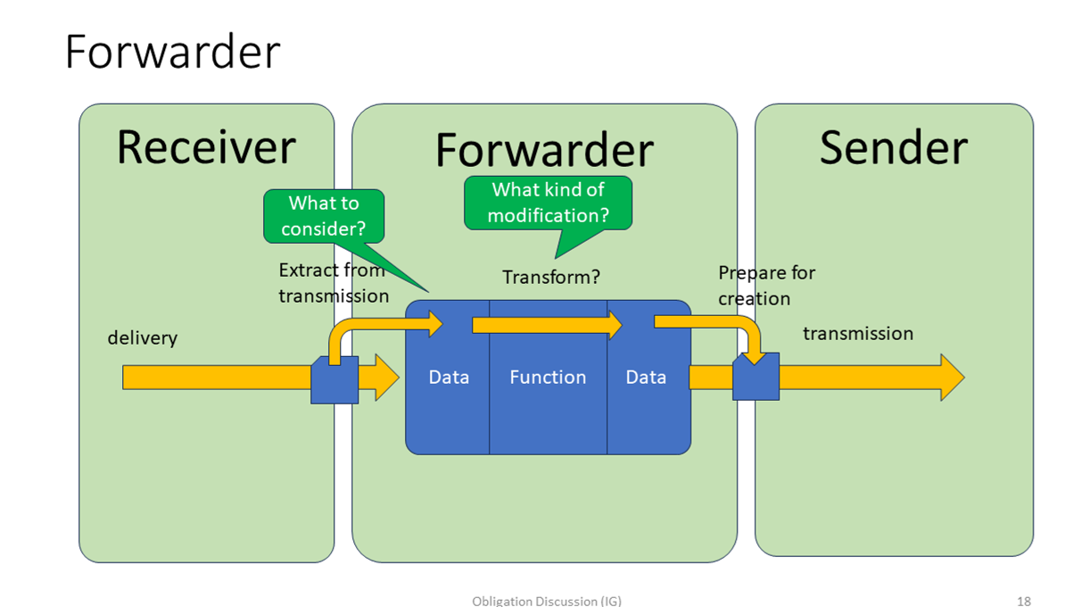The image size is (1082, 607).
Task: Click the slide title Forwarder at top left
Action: pyautogui.click(x=172, y=52)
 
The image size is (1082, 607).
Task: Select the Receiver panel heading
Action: pyautogui.click(x=206, y=147)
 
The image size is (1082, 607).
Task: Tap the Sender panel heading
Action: pyautogui.click(x=893, y=147)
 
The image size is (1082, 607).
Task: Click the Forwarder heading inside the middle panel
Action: pyautogui.click(x=544, y=150)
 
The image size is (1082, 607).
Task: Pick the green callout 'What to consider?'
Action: pyautogui.click(x=324, y=216)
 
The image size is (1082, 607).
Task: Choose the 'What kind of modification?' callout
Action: pyautogui.click(x=548, y=203)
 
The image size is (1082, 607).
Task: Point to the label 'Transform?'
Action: pyautogui.click(x=550, y=277)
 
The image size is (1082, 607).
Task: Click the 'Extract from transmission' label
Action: pyautogui.click(x=333, y=282)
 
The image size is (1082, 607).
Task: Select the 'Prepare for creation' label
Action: pyautogui.click(x=766, y=285)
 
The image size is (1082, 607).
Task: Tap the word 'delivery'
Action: pyautogui.click(x=143, y=337)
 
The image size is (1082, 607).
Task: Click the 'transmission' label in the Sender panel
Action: pyautogui.click(x=857, y=333)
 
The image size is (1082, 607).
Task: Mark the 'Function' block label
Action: pyautogui.click(x=548, y=377)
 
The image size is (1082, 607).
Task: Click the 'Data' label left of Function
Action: pyautogui.click(x=449, y=377)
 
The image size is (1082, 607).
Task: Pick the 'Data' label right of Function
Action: pyautogui.click(x=646, y=377)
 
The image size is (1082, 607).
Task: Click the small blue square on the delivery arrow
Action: pyautogui.click(x=335, y=380)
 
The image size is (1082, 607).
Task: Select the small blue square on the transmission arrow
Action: pyautogui.click(x=756, y=377)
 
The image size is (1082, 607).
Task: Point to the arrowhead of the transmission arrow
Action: pyautogui.click(x=952, y=377)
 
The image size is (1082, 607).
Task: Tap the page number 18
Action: pyautogui.click(x=1023, y=601)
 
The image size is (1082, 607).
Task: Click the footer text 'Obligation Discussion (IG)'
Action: pyautogui.click(x=546, y=601)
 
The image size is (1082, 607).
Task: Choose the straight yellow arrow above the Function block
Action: pyautogui.click(x=546, y=325)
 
